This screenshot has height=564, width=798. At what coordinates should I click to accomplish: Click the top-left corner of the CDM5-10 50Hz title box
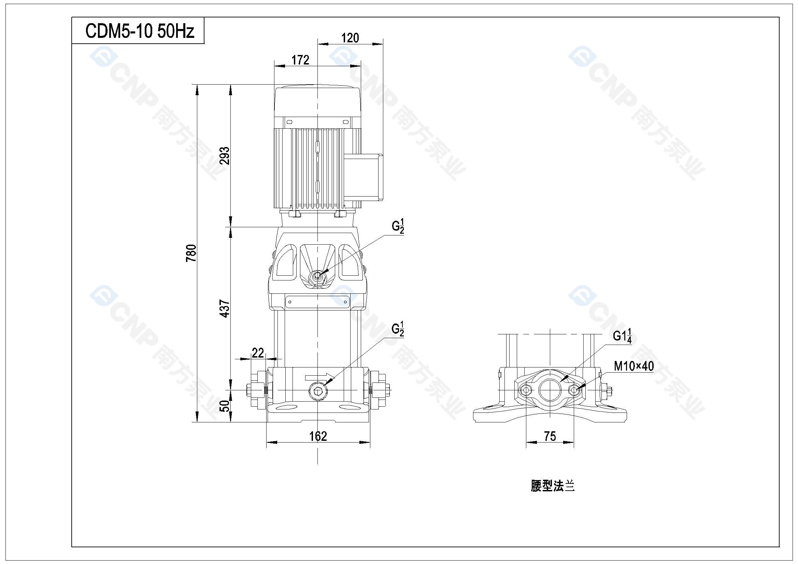72,17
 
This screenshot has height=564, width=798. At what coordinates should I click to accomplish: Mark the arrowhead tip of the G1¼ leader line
561,382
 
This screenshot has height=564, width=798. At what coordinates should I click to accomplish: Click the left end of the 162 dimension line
267,443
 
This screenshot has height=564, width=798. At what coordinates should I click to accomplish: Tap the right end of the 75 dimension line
574,443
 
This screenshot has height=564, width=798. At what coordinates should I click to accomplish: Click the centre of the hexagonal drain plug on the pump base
318,391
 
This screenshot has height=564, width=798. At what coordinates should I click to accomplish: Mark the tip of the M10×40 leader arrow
577,389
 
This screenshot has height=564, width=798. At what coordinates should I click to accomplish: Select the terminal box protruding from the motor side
363,177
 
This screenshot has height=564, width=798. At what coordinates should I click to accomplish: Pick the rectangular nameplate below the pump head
317,302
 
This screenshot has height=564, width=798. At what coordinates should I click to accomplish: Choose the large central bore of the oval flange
550,390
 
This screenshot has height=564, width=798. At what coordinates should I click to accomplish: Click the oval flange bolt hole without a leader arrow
526,390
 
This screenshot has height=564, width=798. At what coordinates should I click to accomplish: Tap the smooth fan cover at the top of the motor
318,101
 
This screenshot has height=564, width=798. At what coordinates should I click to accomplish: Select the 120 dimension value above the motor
350,38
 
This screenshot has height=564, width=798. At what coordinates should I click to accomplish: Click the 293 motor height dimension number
225,156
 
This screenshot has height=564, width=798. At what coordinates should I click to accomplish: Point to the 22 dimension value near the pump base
258,353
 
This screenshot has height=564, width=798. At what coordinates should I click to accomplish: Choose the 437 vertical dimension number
225,308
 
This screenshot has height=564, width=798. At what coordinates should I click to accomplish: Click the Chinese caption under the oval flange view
553,486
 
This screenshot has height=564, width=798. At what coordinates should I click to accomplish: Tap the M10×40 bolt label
634,366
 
